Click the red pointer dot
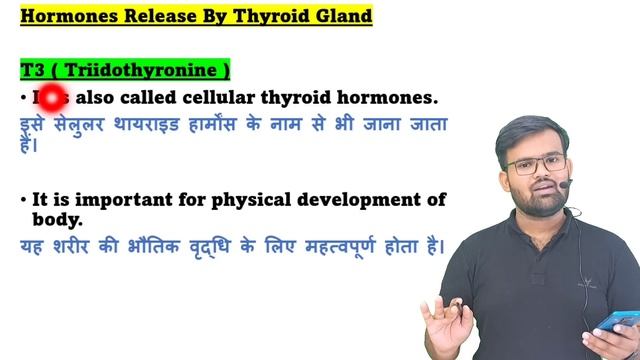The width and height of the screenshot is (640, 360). tap(50, 98)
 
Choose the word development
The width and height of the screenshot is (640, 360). tap(357, 200)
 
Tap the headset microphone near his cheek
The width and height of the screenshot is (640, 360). tap(567, 184)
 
